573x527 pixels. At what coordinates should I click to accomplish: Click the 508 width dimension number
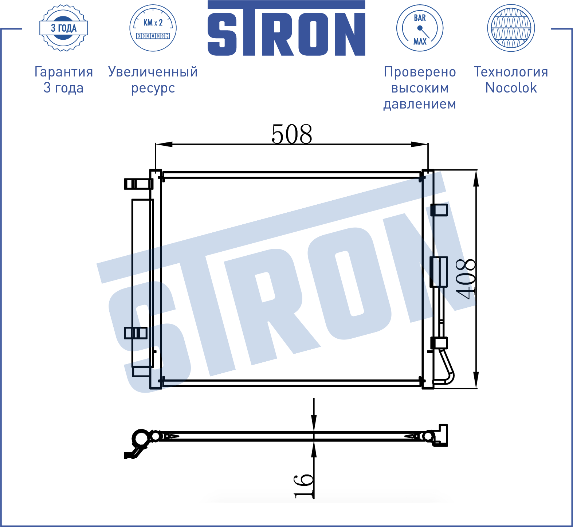click(x=292, y=134)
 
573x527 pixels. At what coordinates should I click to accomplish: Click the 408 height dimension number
click(x=466, y=279)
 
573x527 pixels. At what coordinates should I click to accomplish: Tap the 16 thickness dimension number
click(x=303, y=486)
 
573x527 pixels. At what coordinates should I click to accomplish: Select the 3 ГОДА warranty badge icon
click(x=64, y=28)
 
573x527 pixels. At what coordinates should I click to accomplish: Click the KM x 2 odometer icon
click(x=153, y=28)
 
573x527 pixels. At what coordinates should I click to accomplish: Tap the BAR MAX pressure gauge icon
click(x=420, y=28)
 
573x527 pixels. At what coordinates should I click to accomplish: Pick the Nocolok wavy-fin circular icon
click(x=511, y=28)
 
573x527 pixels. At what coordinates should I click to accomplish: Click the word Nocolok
click(x=511, y=88)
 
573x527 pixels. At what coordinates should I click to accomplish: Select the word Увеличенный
click(x=153, y=72)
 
